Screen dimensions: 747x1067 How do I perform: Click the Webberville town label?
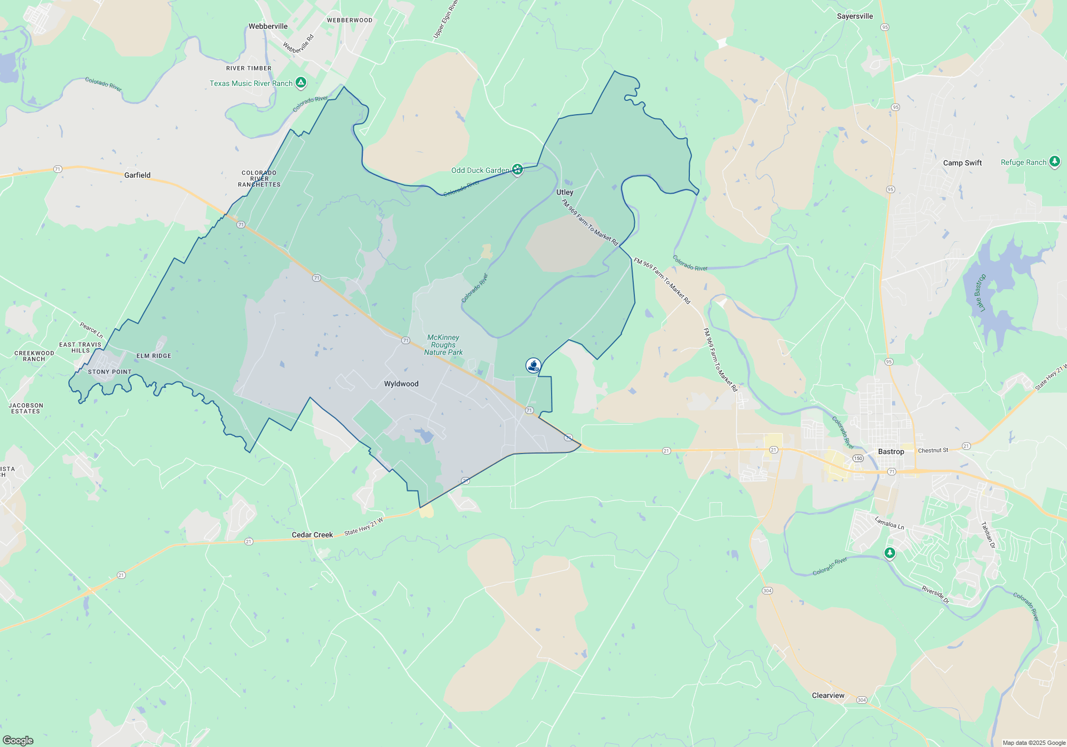[x=268, y=26]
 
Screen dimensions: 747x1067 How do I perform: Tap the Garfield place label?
[x=137, y=175]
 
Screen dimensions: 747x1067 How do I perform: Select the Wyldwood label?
[x=401, y=384]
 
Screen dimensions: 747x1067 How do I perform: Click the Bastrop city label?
[x=891, y=451]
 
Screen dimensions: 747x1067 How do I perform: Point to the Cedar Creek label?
[x=312, y=535]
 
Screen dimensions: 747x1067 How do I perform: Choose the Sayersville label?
[x=855, y=16]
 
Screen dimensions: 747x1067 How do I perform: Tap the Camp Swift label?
[x=962, y=163]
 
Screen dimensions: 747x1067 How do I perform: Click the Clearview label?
[x=828, y=695]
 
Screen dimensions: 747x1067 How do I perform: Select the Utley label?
[x=564, y=192]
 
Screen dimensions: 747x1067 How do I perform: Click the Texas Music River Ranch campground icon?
[x=301, y=83]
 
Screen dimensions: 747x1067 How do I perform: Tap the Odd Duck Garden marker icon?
[x=517, y=170]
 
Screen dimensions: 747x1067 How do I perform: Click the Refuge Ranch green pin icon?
[x=1054, y=162]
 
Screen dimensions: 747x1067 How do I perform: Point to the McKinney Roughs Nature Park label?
[x=443, y=345]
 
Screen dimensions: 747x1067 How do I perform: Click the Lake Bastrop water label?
[x=980, y=293]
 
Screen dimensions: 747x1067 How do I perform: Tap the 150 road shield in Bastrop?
[x=858, y=458]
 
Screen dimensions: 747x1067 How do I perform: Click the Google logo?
[x=18, y=740]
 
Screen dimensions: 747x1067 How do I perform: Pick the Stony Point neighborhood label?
[x=109, y=372]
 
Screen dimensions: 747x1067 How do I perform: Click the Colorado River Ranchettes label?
[x=259, y=179]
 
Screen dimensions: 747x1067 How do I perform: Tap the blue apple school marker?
[x=533, y=365]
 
